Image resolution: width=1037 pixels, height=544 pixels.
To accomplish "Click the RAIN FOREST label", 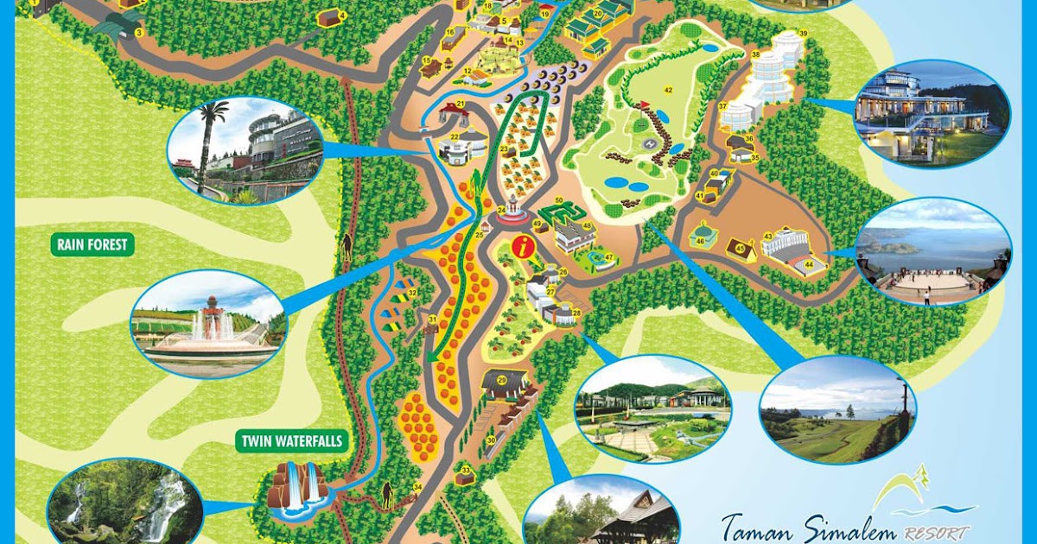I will [x=92, y=244].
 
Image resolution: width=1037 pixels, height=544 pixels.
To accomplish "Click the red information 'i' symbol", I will [x=521, y=246].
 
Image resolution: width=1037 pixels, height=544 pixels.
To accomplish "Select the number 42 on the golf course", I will [x=668, y=90].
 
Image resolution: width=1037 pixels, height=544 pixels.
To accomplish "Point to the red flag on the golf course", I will [x=643, y=104].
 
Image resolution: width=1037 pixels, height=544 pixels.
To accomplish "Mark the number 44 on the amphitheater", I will [x=810, y=263].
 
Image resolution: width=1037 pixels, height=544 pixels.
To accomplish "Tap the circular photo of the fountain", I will [x=207, y=324].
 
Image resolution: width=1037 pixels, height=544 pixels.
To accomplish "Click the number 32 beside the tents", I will [x=413, y=294].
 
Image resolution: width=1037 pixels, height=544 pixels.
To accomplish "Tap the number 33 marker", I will [x=465, y=471].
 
